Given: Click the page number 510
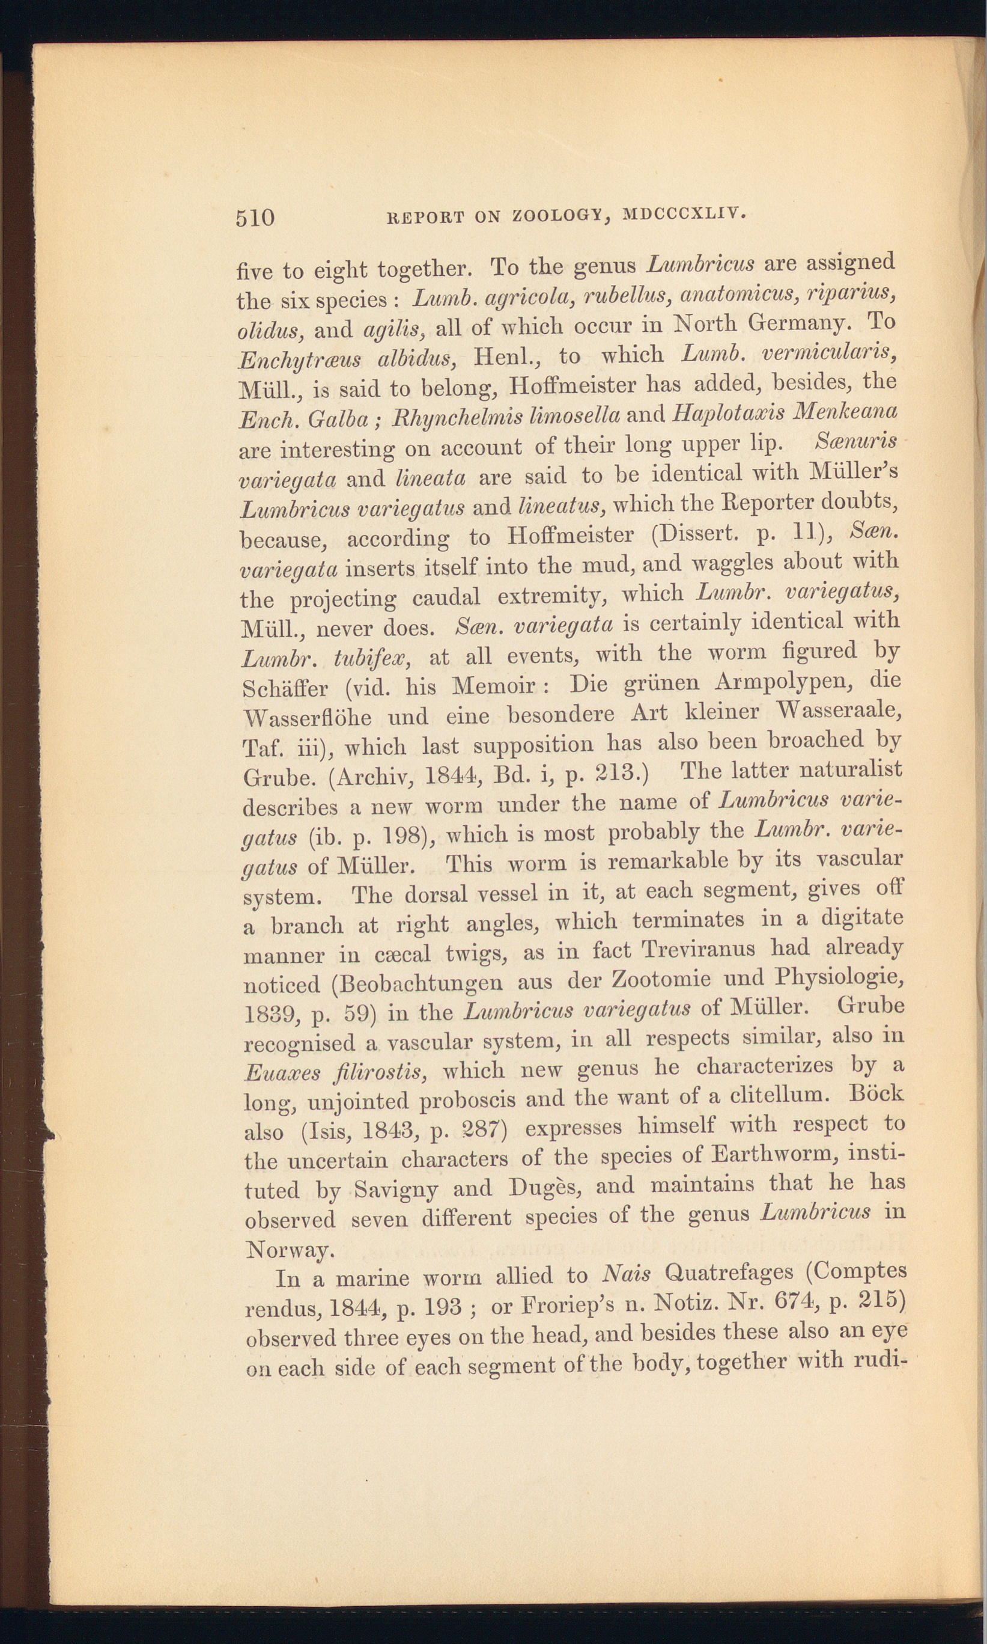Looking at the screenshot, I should (255, 218).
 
